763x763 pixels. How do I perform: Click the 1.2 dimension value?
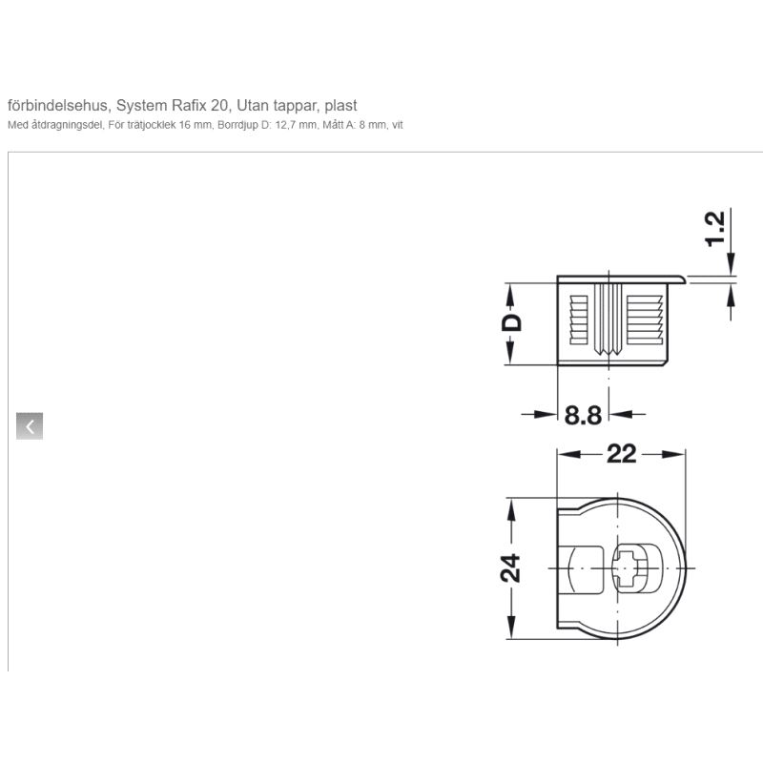point(716,229)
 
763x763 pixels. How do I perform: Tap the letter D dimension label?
point(511,322)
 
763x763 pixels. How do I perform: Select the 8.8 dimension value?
point(583,415)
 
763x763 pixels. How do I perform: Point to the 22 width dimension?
point(622,454)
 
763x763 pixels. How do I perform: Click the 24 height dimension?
point(510,567)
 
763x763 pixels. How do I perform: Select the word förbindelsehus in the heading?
point(58,105)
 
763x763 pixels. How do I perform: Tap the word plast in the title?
point(340,105)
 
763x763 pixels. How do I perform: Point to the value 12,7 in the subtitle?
point(285,125)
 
